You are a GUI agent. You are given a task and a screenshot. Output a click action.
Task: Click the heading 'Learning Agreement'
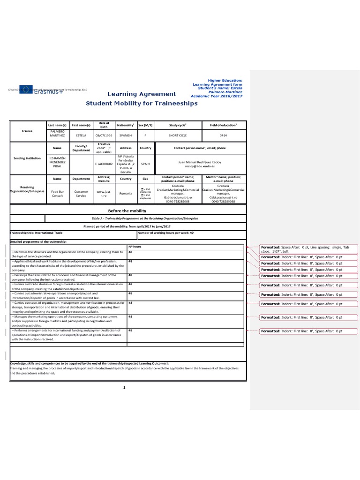tap(142, 94)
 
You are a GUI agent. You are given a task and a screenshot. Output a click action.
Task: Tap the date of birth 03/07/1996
tap(103, 135)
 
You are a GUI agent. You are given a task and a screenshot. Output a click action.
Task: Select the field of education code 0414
tap(223, 135)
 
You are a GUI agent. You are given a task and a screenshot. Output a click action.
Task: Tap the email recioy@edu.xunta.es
tap(200, 166)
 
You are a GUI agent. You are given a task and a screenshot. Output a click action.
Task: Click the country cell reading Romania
tap(126, 193)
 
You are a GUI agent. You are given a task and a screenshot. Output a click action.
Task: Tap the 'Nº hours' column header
tap(135, 246)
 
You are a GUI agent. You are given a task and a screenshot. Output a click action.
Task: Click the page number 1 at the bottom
tap(124, 388)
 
